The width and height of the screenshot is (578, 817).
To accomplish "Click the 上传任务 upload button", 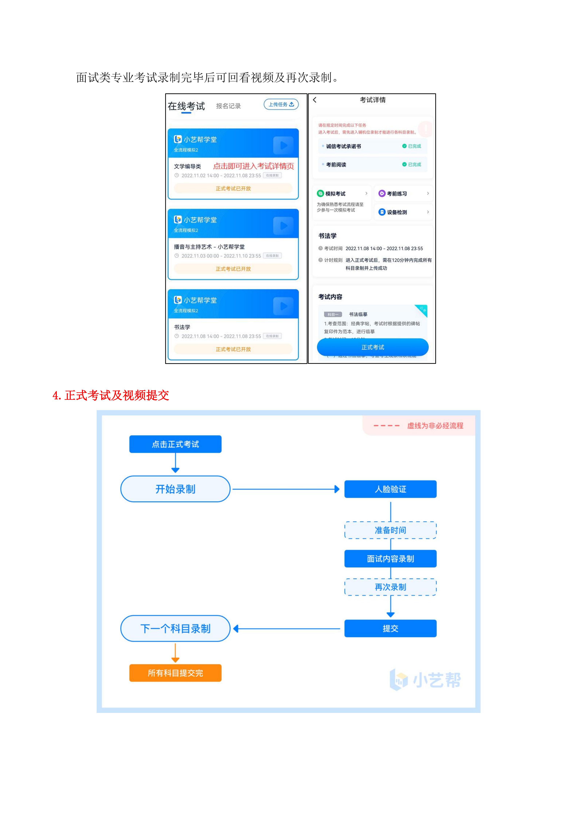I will point(281,104).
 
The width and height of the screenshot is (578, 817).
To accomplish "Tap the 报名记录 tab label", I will point(228,106).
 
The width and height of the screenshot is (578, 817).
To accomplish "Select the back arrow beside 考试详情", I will point(315,100).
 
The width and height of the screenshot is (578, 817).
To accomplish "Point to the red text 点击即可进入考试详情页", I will point(253,166).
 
